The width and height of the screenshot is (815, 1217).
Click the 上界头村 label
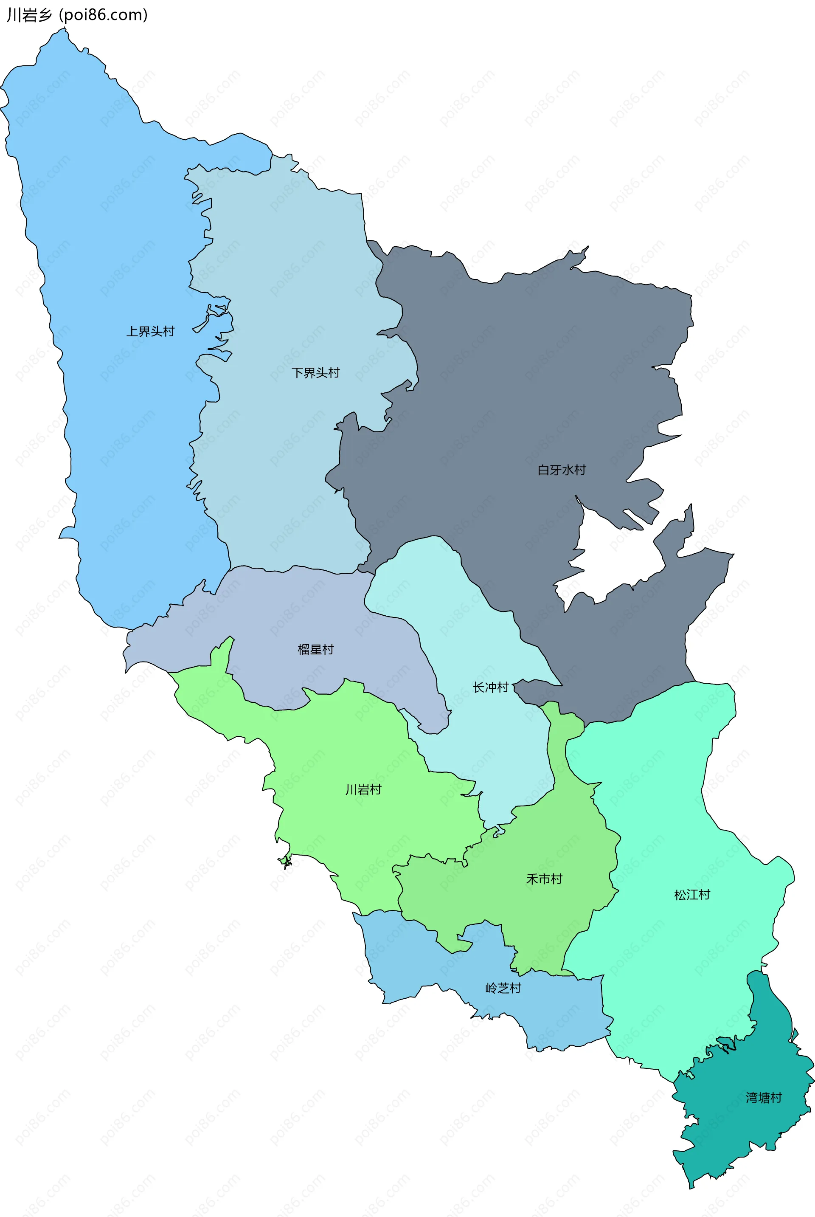click(150, 331)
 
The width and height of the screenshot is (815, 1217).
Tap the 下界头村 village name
click(315, 373)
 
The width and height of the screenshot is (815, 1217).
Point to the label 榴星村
click(315, 649)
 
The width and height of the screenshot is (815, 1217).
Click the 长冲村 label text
click(490, 687)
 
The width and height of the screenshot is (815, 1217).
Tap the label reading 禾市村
click(544, 879)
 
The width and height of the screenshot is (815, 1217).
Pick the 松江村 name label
click(692, 894)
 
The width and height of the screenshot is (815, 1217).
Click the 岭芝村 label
click(503, 988)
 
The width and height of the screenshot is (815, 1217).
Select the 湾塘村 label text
click(764, 1097)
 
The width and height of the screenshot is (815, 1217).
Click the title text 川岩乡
click(30, 15)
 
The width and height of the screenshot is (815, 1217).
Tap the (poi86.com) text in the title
click(104, 15)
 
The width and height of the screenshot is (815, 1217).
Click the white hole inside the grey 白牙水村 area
click(613, 556)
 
